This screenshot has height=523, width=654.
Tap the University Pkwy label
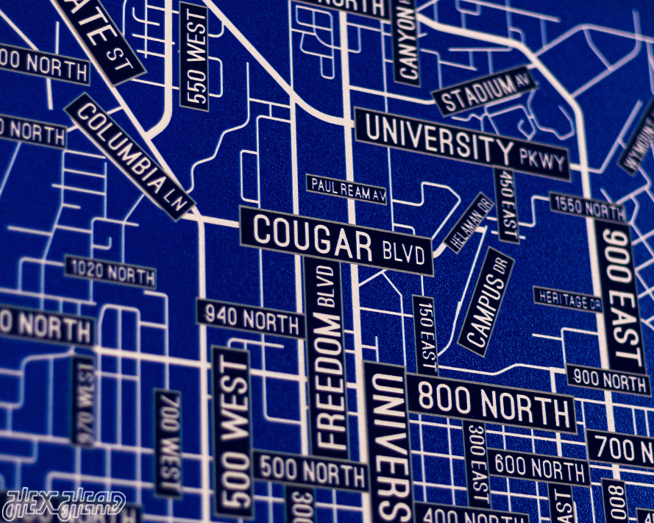463,142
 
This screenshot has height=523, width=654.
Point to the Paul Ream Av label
346,189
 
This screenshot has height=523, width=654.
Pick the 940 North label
250,319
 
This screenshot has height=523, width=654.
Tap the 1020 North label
111,272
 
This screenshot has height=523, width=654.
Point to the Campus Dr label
486,302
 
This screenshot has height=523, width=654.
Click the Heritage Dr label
567,299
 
